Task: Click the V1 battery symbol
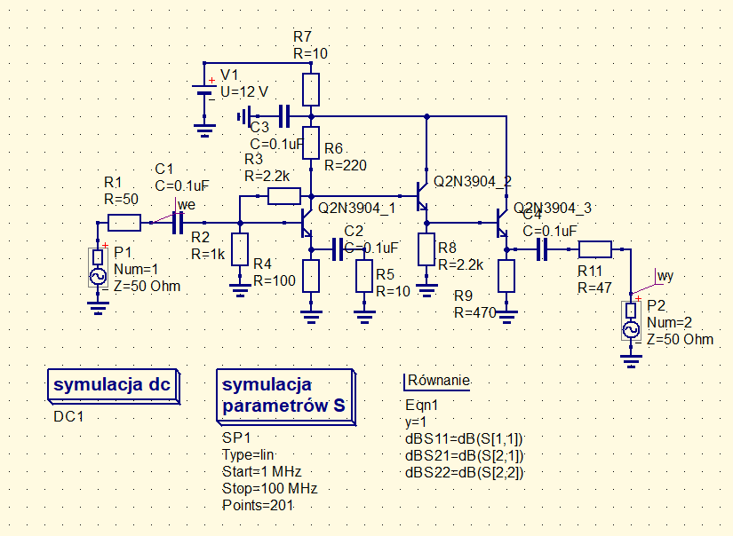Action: coord(205,91)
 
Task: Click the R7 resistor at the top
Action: coord(311,89)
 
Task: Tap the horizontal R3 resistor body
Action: coord(284,196)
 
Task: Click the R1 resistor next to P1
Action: coord(123,223)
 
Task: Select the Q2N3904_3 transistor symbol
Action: coord(501,223)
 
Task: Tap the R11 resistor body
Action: coord(594,249)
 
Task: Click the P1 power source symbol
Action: coord(98,268)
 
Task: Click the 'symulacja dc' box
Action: coord(112,385)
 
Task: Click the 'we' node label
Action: coord(185,205)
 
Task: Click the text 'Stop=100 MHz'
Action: coord(269,488)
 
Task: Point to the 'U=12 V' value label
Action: coord(244,91)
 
